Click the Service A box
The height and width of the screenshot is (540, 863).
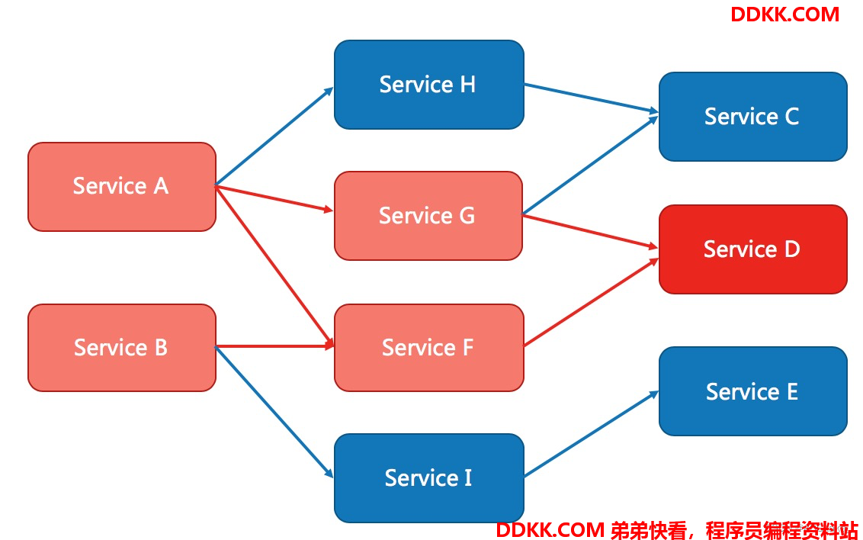(122, 187)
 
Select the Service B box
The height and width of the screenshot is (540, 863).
(122, 348)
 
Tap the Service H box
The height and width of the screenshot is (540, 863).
(428, 85)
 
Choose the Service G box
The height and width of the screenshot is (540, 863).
(428, 216)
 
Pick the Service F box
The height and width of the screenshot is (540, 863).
(428, 348)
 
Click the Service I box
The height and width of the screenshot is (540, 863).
(428, 477)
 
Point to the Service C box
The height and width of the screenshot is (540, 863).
(753, 117)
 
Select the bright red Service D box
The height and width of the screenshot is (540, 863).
(753, 249)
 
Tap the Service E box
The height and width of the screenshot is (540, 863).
(753, 391)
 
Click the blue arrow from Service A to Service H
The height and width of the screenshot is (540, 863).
(274, 136)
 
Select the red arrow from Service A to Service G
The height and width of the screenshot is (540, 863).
(274, 199)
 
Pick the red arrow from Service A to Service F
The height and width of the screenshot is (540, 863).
(274, 266)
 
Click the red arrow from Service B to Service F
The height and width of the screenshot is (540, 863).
(274, 346)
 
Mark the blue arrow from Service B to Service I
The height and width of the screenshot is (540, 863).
(274, 413)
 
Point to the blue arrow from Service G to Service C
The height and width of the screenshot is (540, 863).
(590, 165)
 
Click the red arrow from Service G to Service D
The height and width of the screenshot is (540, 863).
(590, 232)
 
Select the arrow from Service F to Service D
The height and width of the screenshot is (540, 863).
(591, 302)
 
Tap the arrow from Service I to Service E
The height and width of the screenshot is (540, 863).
(591, 434)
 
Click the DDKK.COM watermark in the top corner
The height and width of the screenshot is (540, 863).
(784, 14)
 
